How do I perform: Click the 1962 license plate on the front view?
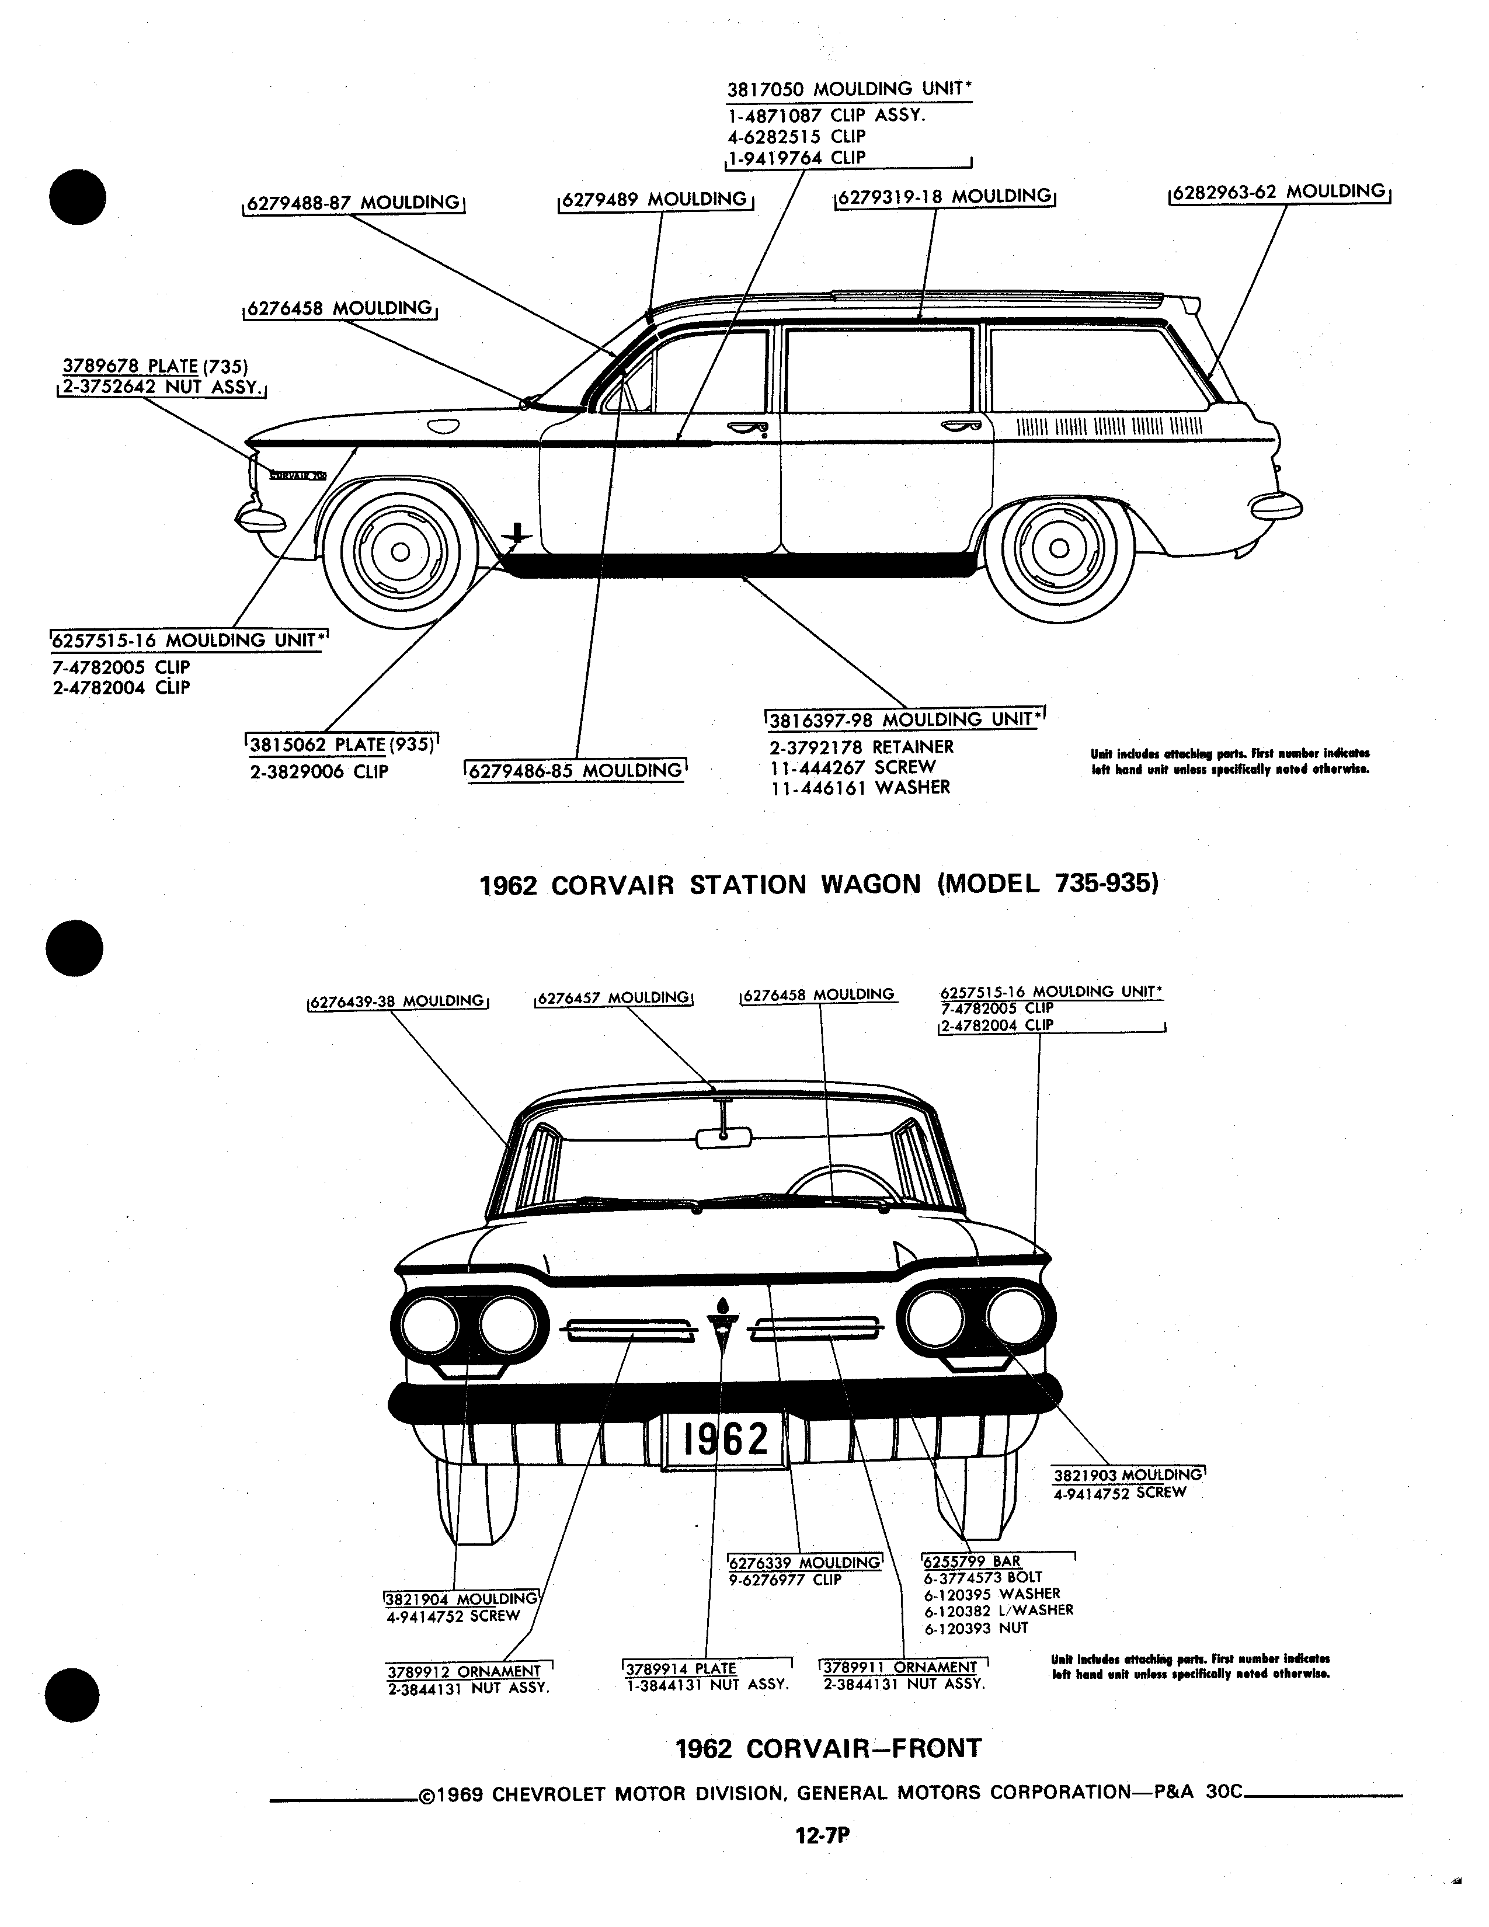(x=723, y=1440)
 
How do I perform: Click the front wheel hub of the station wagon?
(x=399, y=551)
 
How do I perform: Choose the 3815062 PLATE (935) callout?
(x=342, y=744)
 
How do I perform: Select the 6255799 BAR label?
(x=971, y=1561)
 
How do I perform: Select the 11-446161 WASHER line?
(x=860, y=787)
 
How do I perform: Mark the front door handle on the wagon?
(x=748, y=429)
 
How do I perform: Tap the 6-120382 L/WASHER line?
(x=999, y=1609)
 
